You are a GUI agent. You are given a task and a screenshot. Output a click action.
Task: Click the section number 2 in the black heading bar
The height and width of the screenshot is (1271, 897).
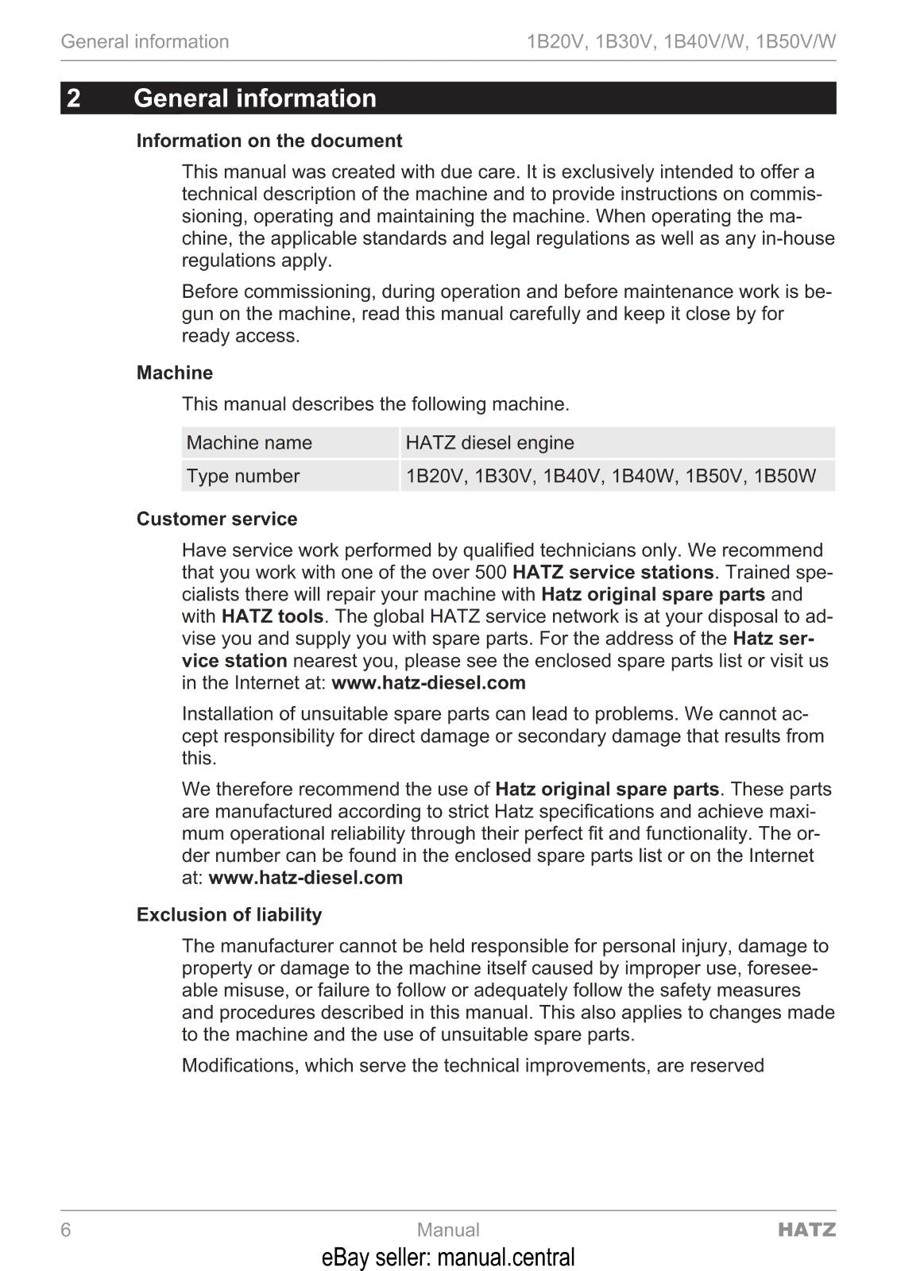[74, 98]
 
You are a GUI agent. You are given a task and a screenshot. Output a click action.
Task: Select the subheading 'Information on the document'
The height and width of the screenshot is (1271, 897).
[269, 141]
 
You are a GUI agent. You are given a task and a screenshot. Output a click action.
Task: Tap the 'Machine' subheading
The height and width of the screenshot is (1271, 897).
[175, 373]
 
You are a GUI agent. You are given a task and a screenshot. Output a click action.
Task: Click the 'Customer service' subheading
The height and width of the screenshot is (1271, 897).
[217, 519]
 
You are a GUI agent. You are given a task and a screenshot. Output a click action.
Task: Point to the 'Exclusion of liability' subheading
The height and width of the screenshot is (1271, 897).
[229, 914]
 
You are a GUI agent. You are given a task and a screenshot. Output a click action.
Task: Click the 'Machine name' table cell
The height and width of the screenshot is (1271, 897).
[249, 442]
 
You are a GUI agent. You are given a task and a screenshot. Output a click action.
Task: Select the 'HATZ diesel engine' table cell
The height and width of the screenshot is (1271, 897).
[489, 442]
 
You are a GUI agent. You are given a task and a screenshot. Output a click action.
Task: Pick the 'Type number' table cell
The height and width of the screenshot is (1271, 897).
[243, 476]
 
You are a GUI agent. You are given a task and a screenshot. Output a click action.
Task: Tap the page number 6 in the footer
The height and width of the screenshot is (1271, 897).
[66, 1230]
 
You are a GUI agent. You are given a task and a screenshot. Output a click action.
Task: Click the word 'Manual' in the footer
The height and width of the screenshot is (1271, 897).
[448, 1230]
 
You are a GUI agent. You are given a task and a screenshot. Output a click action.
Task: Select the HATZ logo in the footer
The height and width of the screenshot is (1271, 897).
[806, 1230]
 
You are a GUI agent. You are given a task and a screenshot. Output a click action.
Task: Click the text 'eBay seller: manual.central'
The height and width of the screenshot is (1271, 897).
[448, 1257]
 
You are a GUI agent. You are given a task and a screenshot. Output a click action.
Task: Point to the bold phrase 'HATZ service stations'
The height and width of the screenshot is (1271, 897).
[613, 572]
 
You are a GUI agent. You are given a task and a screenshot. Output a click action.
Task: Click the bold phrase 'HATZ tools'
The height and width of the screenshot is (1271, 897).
[273, 616]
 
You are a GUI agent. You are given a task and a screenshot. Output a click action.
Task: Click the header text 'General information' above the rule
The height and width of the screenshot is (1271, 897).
[145, 41]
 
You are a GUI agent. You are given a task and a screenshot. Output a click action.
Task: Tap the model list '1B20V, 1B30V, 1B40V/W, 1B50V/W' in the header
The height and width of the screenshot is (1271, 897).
[681, 41]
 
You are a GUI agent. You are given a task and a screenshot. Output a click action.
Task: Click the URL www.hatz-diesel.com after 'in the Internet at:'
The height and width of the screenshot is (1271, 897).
[428, 683]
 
